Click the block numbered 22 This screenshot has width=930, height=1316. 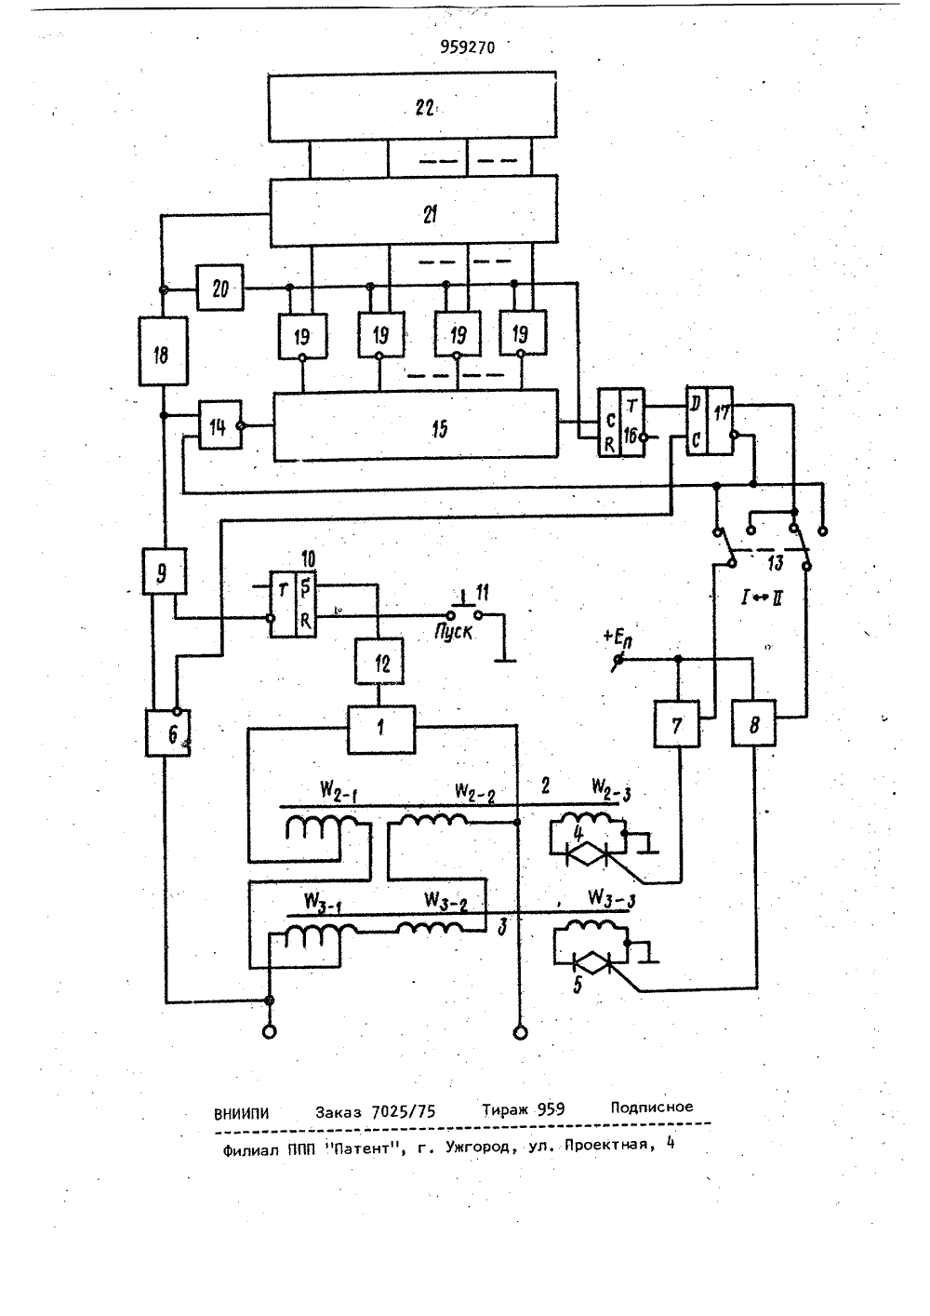(412, 106)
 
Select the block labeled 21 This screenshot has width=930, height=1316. (414, 211)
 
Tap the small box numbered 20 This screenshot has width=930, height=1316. (220, 288)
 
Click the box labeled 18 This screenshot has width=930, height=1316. (164, 351)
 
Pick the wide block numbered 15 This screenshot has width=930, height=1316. (416, 424)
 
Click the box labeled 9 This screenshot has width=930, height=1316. (165, 571)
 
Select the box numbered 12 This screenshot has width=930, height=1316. (379, 662)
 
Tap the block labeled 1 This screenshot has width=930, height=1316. (381, 730)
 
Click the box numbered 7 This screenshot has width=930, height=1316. (677, 724)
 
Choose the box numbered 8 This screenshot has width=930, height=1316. (754, 723)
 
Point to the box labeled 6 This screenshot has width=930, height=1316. (168, 732)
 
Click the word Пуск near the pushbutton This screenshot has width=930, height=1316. (453, 633)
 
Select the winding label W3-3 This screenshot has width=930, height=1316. (611, 898)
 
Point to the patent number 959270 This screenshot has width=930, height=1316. (468, 47)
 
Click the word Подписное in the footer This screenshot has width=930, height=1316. (652, 1108)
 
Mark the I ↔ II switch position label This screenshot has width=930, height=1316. (762, 600)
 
